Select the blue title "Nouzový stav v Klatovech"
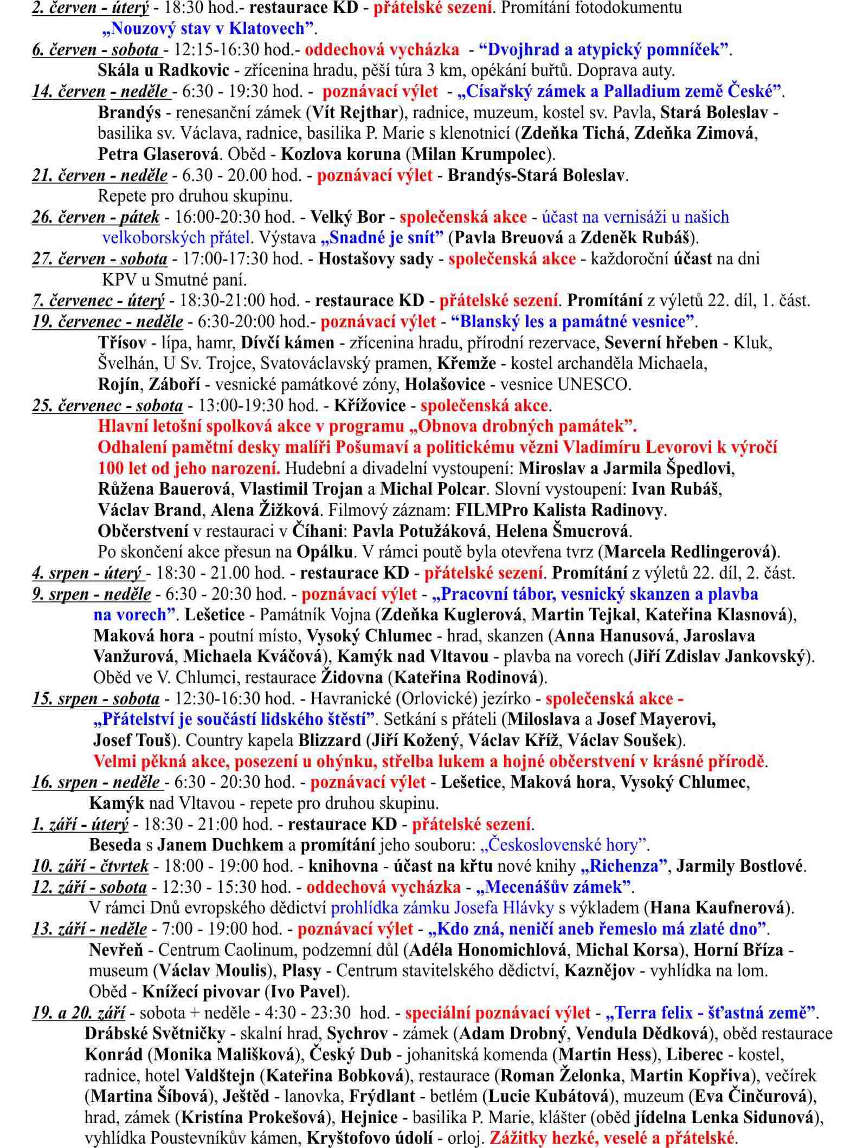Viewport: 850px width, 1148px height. (x=209, y=28)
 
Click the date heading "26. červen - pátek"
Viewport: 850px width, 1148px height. (x=95, y=217)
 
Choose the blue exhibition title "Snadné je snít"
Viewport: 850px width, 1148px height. (x=382, y=238)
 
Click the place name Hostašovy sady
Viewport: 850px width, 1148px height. (x=376, y=259)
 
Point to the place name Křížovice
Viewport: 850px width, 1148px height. (x=370, y=406)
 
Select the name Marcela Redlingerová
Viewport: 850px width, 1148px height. (x=690, y=552)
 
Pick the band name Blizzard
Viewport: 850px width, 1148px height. (x=330, y=740)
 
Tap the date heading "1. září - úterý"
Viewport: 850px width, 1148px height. (x=80, y=824)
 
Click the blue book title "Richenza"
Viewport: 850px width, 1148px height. (x=623, y=866)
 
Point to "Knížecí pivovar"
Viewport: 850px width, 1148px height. (x=201, y=992)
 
